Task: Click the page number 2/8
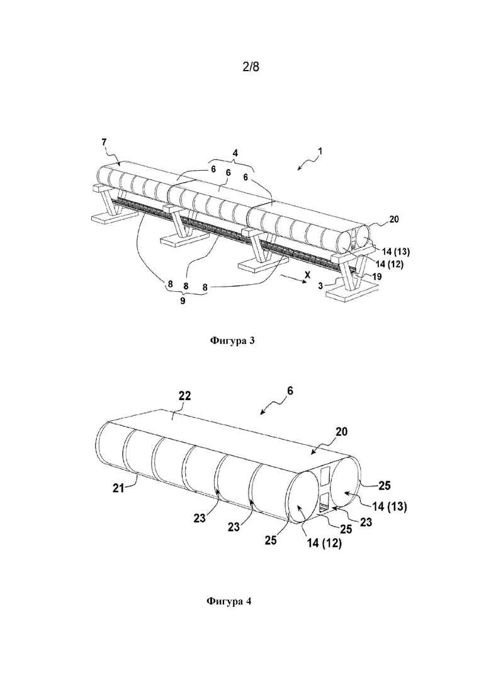(x=251, y=67)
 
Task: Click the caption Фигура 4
(x=229, y=601)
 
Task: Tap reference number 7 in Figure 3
(x=104, y=142)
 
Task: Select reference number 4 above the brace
(x=235, y=153)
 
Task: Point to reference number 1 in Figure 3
(x=320, y=151)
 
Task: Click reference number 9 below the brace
(x=183, y=301)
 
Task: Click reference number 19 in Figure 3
(x=377, y=276)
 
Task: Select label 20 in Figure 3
(x=393, y=219)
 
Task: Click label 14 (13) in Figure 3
(x=396, y=252)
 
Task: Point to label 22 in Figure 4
(x=184, y=396)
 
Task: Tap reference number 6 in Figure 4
(x=290, y=391)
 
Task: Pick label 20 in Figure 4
(x=341, y=431)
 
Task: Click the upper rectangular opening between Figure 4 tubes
(x=325, y=476)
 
